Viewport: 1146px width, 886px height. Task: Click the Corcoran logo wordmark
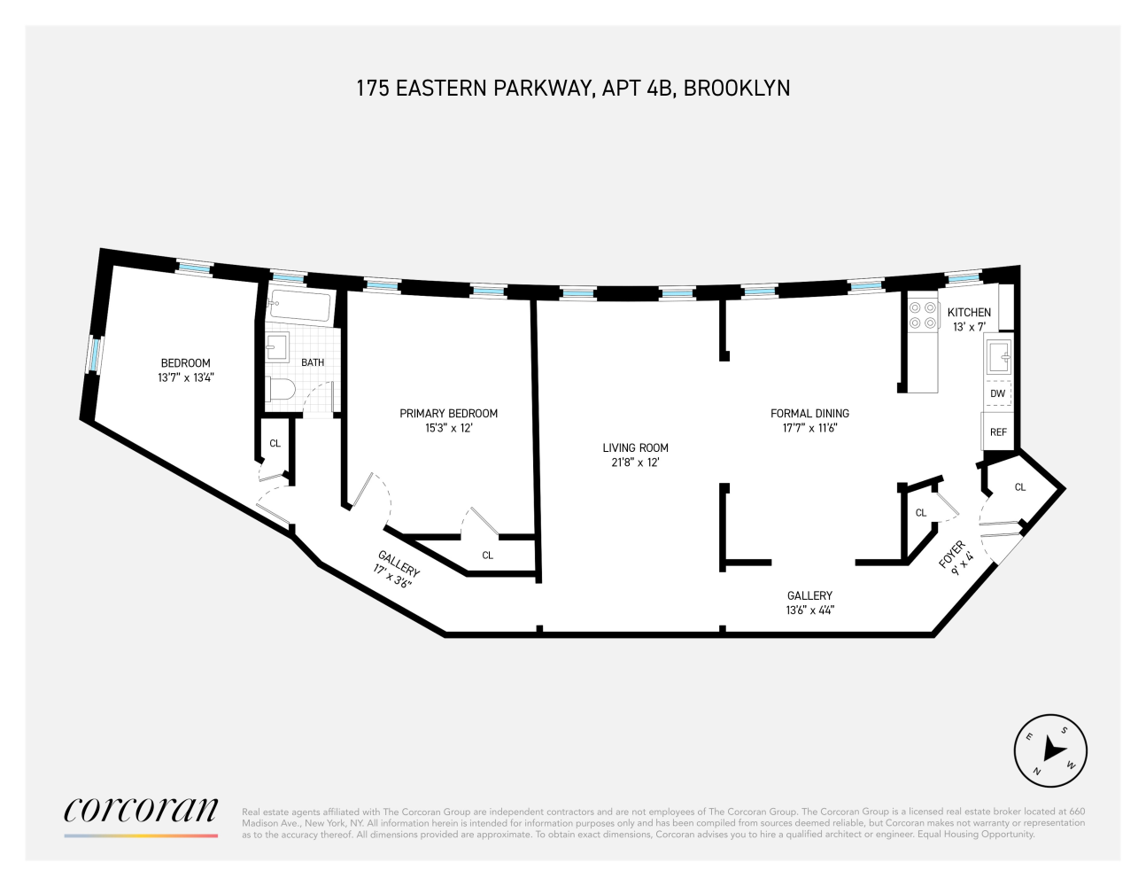[x=141, y=809]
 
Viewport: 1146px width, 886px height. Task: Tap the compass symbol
[x=1050, y=750]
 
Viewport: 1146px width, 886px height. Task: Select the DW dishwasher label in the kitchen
[x=998, y=393]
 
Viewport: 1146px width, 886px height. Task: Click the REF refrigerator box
[x=998, y=432]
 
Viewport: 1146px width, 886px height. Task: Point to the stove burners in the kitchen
[x=923, y=315]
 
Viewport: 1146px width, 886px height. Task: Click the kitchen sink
[x=999, y=357]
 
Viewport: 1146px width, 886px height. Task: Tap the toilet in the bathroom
[x=281, y=389]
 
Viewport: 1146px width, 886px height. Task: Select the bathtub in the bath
[x=300, y=307]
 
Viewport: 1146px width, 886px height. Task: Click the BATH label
[x=313, y=362]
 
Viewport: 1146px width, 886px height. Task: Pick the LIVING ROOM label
[x=635, y=448]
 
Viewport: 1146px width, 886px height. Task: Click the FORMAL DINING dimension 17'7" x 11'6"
[x=809, y=428]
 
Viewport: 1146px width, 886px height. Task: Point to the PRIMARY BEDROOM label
[x=448, y=414]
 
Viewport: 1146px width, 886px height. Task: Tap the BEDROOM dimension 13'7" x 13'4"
[x=186, y=377]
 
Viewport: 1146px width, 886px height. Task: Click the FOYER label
[x=951, y=554]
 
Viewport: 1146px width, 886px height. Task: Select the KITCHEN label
[x=969, y=312]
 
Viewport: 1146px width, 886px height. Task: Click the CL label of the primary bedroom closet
[x=487, y=556]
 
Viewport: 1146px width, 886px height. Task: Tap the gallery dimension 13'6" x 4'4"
[x=809, y=610]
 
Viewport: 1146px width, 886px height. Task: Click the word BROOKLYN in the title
[x=737, y=89]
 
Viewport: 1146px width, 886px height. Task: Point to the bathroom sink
[x=277, y=348]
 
